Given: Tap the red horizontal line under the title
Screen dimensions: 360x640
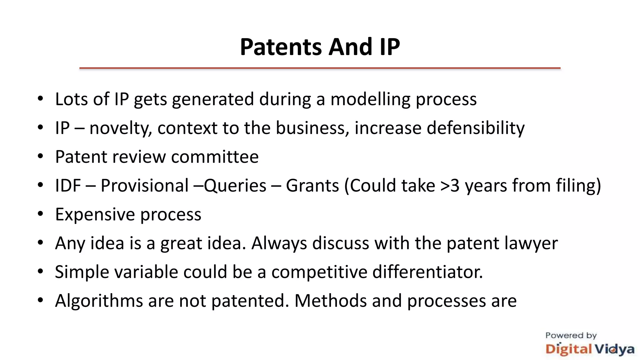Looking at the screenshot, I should pos(320,68).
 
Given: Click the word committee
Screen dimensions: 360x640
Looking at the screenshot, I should pos(215,157).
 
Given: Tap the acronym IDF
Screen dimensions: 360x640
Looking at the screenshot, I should pos(68,185).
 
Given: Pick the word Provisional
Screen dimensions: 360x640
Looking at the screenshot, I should pos(144,185).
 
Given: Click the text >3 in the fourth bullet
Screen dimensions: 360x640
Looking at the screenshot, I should pos(450,185).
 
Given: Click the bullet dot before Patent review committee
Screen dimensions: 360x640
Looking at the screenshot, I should pos(40,156).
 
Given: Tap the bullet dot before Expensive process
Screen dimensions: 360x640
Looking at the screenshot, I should pos(40,214).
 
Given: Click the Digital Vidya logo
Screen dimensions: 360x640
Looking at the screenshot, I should pos(590,349).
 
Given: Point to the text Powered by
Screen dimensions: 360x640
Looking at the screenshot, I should pos(571,335).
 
